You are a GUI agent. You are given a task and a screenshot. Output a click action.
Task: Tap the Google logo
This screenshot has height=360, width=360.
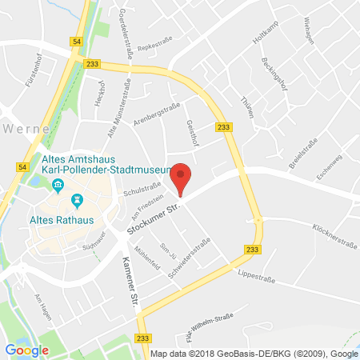point(26,349)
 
